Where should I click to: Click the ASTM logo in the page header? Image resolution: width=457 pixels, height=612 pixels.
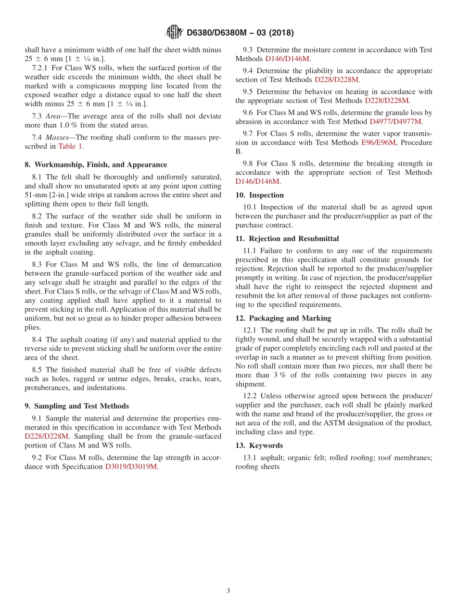coord(174,32)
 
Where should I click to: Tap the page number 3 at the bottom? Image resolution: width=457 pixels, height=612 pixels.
coord(228,591)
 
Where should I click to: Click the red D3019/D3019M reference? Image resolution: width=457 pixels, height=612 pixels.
coord(131,466)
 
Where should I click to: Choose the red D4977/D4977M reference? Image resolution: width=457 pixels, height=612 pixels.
coord(395,122)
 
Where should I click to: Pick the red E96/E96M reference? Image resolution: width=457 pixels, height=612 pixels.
coord(378,142)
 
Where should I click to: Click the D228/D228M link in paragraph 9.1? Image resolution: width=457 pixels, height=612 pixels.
coord(47,436)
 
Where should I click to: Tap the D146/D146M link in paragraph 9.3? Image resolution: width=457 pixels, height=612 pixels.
coord(287,59)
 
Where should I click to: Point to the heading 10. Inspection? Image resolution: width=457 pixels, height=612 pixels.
coord(259,195)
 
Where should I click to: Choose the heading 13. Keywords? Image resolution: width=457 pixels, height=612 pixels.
coord(259,446)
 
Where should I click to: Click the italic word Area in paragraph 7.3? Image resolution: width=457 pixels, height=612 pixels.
coord(53,116)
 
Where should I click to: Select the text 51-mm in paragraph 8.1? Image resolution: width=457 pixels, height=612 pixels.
coord(34,195)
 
